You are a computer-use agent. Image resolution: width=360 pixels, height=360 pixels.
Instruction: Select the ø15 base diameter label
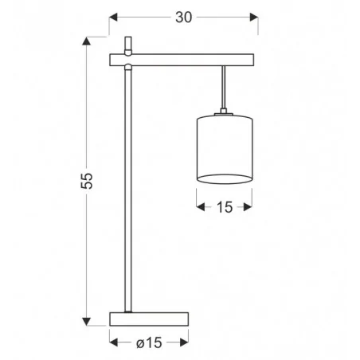(148, 344)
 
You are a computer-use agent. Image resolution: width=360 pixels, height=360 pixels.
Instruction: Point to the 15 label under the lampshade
(224, 208)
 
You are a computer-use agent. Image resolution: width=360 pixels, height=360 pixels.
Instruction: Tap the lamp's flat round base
(148, 319)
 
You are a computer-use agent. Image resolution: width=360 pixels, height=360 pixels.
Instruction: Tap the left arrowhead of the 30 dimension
(113, 17)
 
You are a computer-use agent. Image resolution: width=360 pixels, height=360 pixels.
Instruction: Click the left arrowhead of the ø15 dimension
(113, 342)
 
